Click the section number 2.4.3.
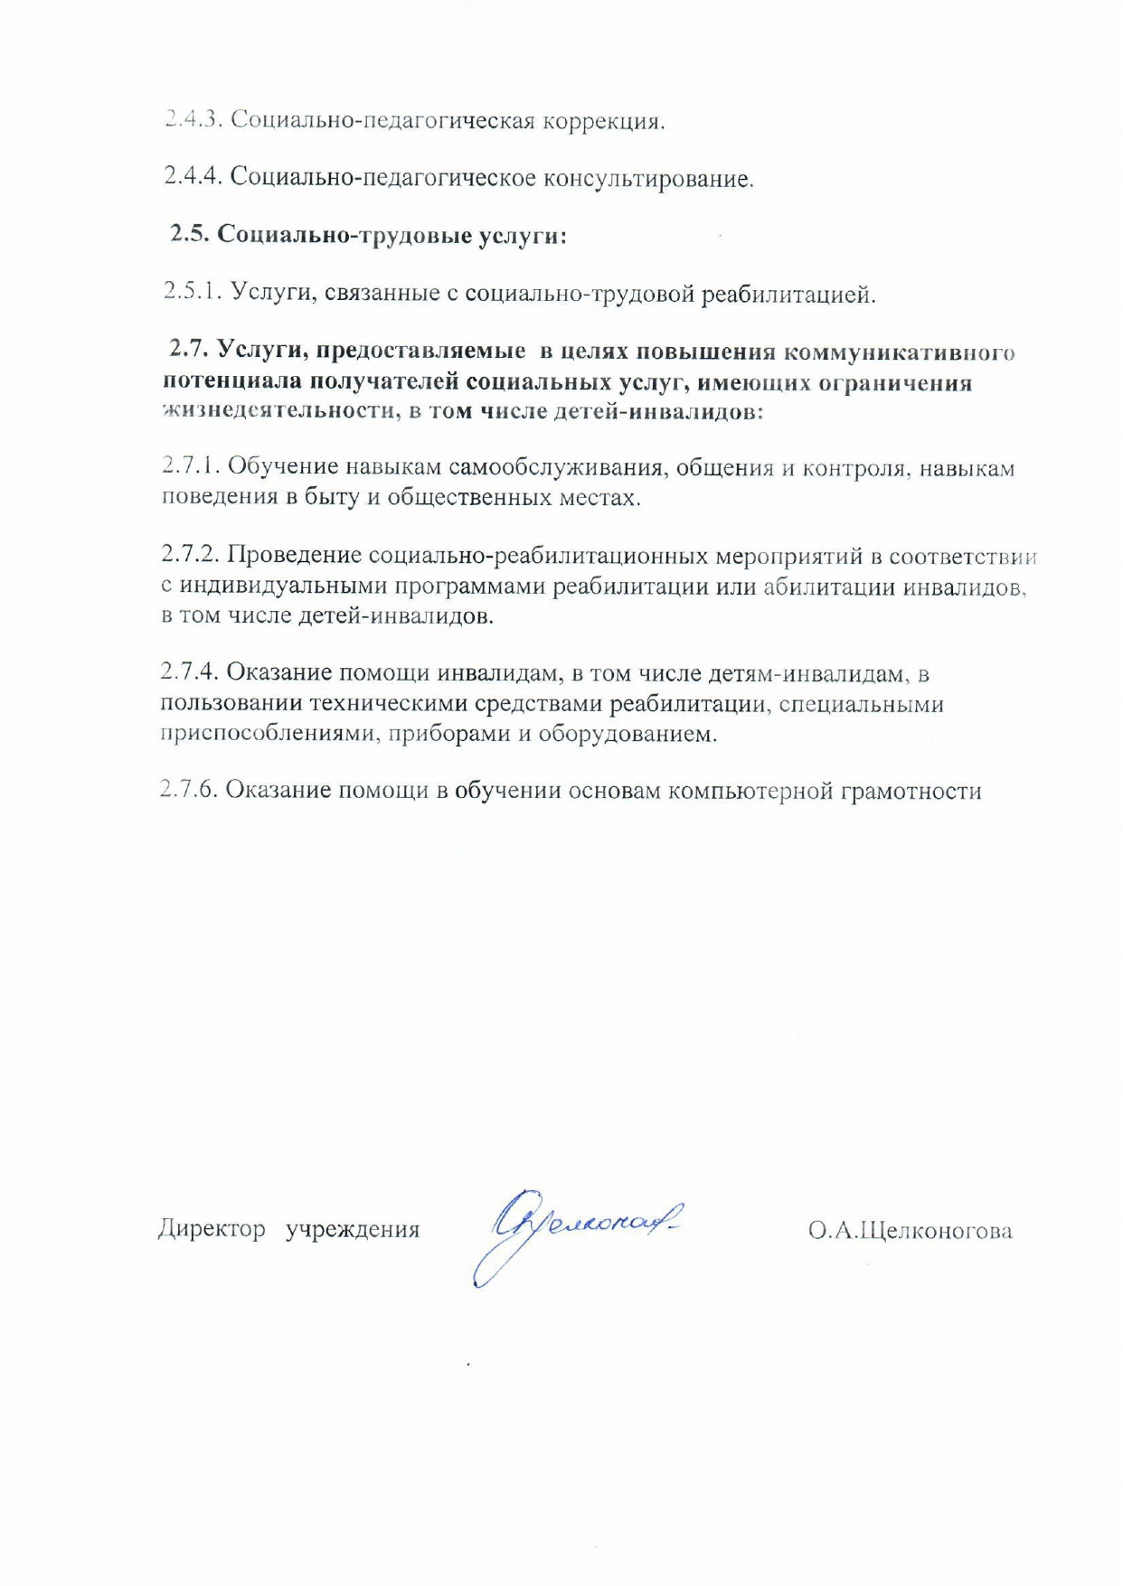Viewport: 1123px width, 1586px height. point(192,119)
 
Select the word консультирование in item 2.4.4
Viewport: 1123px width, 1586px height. point(647,178)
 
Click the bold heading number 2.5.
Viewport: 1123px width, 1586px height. point(191,234)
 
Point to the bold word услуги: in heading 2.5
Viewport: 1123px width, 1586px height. point(523,236)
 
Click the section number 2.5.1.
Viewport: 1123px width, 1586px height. point(193,292)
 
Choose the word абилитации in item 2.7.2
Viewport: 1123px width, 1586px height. point(833,587)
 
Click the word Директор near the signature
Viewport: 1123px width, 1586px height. point(212,1229)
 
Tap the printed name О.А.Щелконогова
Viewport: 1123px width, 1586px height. point(910,1230)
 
